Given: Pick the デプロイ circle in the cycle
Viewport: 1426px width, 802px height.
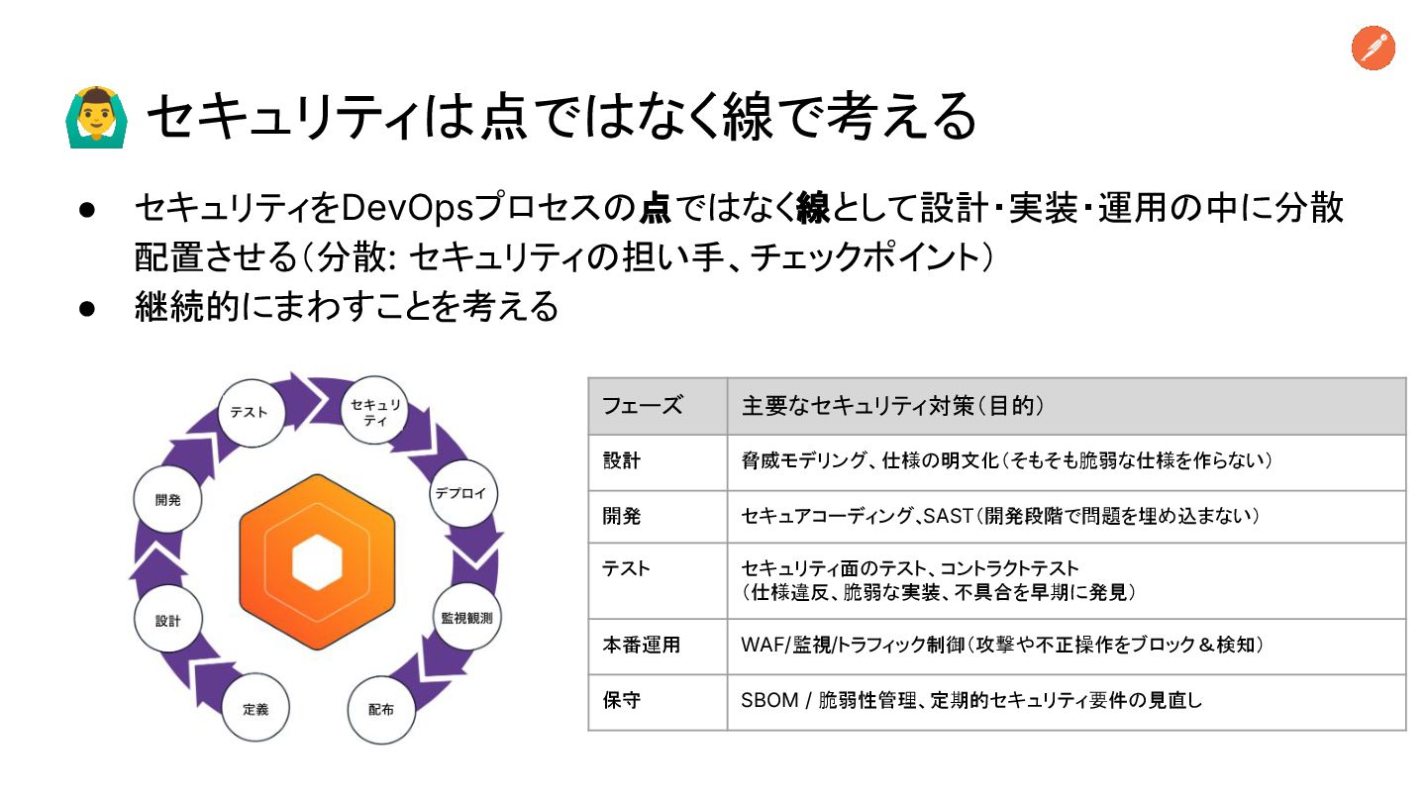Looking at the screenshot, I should [x=460, y=493].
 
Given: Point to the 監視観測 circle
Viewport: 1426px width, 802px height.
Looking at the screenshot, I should [x=466, y=617].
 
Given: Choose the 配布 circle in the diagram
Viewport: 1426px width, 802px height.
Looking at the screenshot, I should [x=381, y=709].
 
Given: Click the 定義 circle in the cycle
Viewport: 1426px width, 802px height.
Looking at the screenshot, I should [x=255, y=709].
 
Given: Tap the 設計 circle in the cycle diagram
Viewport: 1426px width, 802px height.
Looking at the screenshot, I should [x=168, y=621].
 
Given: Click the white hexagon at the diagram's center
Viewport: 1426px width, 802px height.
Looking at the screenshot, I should [x=317, y=561].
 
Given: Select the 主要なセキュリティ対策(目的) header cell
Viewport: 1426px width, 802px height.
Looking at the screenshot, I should [x=894, y=406].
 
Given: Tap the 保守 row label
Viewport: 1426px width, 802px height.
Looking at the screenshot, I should [x=622, y=700].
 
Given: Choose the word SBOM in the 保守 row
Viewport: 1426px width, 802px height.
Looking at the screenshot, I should [x=769, y=700].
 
